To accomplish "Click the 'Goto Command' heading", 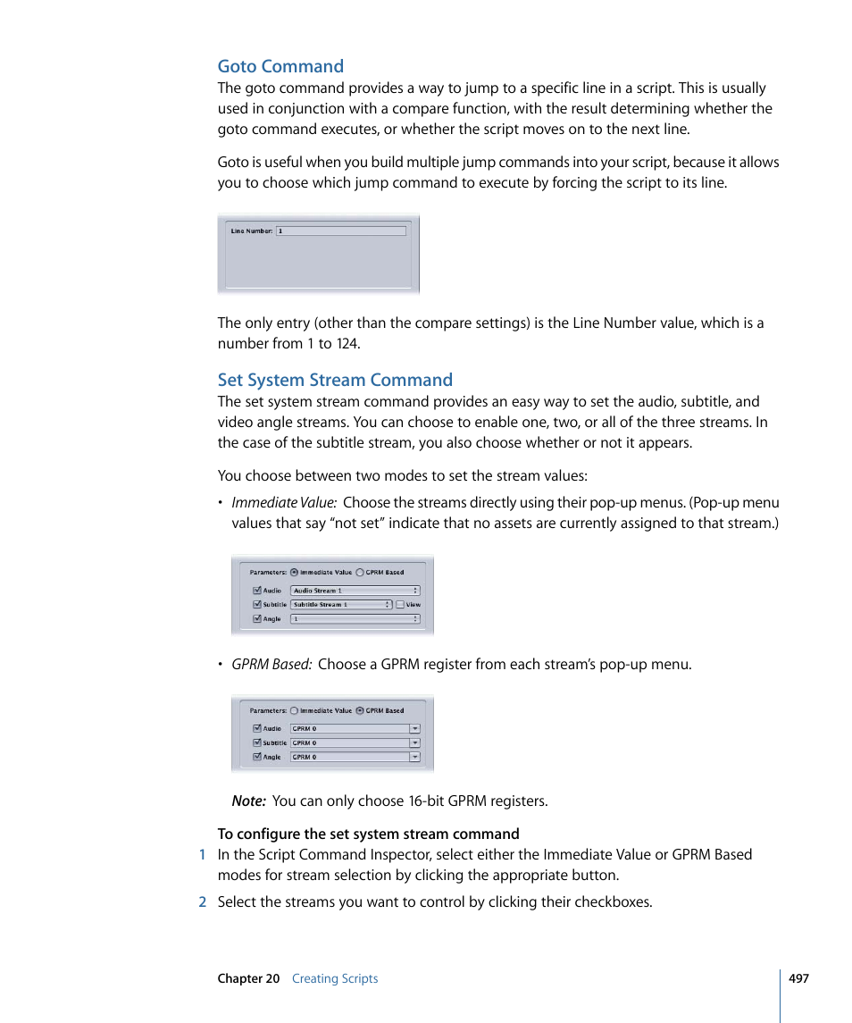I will coord(280,66).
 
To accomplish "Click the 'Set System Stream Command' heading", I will coord(335,380).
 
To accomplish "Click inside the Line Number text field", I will coord(340,231).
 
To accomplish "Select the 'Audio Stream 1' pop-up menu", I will coord(355,591).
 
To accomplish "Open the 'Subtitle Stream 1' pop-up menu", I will coord(341,605).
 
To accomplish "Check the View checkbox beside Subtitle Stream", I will coord(400,605).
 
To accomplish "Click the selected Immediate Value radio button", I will coord(295,573).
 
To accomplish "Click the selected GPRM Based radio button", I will coord(360,711).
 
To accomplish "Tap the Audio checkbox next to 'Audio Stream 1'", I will coord(257,591).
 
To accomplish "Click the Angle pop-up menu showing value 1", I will coord(355,618).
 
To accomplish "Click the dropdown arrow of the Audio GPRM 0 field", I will coord(414,729).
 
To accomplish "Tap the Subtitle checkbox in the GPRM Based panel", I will coord(257,742).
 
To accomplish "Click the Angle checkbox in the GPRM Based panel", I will coord(257,757).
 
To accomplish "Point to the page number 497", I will coord(798,978).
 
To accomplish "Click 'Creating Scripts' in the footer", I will coord(335,978).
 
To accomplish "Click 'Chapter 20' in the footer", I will coord(248,978).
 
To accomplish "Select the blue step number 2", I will coord(203,901).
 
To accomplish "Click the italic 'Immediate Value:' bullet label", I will coord(284,503).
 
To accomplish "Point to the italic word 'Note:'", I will coord(248,801).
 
